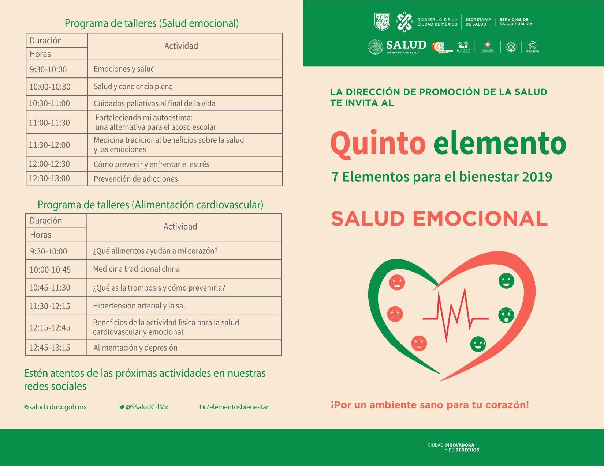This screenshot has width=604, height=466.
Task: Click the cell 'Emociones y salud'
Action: coord(124,69)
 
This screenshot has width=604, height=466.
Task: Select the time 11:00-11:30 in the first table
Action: coord(49,123)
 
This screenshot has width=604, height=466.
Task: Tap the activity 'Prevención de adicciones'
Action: coord(135,179)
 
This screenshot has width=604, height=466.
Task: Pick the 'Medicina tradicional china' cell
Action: coord(136,269)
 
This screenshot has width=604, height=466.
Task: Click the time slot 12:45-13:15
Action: coord(50,348)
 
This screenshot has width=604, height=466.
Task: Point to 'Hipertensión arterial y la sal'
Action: coord(139,306)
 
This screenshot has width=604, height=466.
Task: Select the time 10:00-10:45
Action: coord(50,270)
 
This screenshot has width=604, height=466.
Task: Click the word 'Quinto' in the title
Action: coord(378,143)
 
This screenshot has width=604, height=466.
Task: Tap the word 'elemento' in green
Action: coord(500,143)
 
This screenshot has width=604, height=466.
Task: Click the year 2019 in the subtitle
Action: coord(537,177)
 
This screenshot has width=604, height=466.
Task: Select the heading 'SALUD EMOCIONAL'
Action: coord(439,219)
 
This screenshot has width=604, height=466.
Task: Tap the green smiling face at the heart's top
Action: coord(506,281)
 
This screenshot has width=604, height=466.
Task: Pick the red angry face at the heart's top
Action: coord(397,282)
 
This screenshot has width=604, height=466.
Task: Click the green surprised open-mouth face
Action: coord(506,315)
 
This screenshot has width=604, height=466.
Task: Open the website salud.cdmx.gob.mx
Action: coord(56,407)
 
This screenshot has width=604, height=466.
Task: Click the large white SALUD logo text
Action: coord(406,45)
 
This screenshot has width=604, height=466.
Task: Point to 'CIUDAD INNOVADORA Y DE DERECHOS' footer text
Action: coord(453,448)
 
